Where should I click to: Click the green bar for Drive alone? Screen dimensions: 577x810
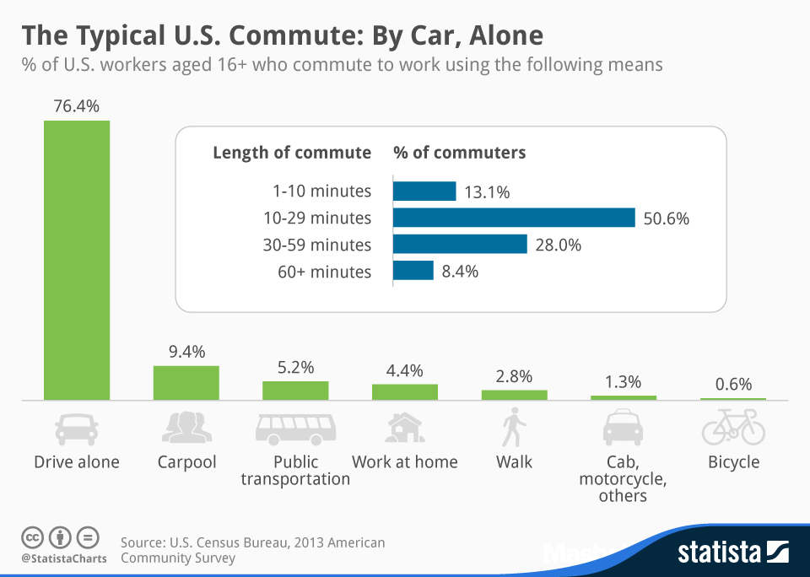[77, 260]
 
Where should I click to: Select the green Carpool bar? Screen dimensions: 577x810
[186, 383]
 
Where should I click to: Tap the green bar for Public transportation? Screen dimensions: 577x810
[295, 391]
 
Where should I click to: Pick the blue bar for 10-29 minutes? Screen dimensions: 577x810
[514, 218]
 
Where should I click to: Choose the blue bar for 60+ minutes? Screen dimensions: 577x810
[413, 271]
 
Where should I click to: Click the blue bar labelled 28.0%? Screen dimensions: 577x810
[461, 245]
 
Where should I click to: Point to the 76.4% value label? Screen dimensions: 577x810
[77, 106]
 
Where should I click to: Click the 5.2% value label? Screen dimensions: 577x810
[295, 367]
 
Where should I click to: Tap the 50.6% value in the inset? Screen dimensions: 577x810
[667, 218]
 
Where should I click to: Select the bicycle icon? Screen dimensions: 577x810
[733, 428]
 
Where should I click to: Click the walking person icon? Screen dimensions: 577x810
[513, 428]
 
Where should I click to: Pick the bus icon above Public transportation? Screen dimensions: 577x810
[295, 429]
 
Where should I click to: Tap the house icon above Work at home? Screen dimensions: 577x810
[404, 428]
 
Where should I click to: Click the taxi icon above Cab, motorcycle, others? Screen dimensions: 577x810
[623, 428]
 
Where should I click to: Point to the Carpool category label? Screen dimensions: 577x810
[186, 462]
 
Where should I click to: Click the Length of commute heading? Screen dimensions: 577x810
[292, 153]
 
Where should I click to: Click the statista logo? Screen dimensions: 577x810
[732, 553]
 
